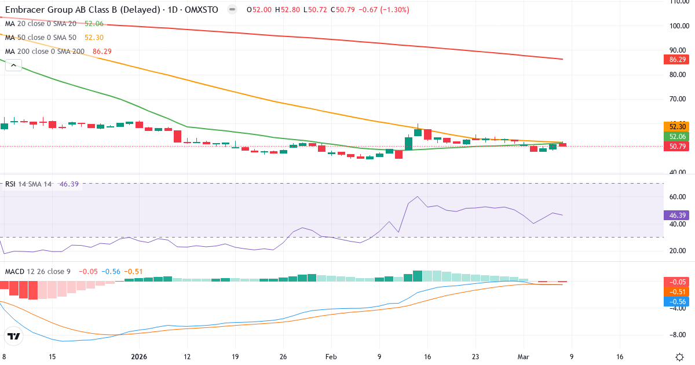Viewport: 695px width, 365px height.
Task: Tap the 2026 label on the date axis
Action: pos(139,356)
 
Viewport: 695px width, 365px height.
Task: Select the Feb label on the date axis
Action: pos(331,356)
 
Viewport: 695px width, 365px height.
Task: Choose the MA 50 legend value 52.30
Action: pos(94,38)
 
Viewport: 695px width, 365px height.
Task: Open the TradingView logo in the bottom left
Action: pos(14,336)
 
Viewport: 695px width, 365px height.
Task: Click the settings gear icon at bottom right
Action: pos(680,356)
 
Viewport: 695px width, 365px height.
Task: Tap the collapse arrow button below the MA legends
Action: pos(13,65)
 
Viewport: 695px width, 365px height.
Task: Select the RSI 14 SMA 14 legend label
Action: pos(28,184)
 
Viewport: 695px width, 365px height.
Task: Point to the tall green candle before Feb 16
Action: pos(408,143)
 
